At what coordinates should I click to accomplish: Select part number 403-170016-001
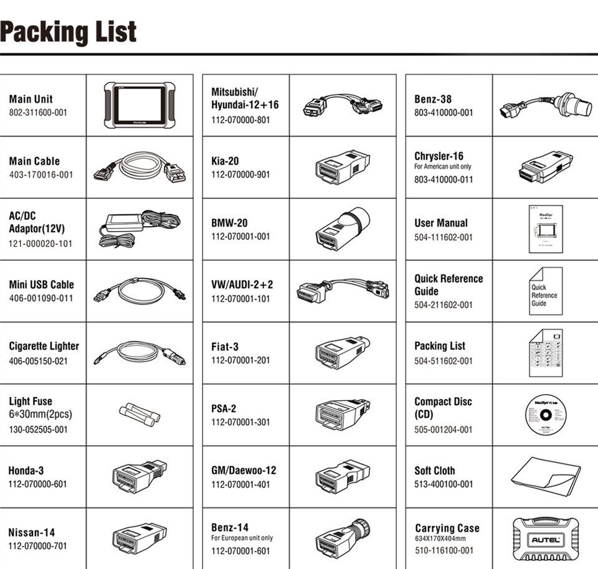tap(41, 175)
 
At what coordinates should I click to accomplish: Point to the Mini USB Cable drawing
tap(139, 290)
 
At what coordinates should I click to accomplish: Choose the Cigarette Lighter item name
tap(44, 346)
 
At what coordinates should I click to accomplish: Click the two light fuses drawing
tap(139, 413)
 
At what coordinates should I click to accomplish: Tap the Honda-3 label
tap(26, 471)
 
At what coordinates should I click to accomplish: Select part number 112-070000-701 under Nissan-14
tap(37, 546)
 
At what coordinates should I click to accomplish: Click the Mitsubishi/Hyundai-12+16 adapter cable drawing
tap(341, 105)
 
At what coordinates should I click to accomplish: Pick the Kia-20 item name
tap(225, 161)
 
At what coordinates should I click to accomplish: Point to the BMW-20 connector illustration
tap(343, 228)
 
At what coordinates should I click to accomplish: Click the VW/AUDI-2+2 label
tap(242, 284)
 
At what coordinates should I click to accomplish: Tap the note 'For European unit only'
tap(242, 538)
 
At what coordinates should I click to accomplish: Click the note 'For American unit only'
tap(443, 167)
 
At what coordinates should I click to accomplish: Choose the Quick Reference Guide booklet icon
tap(545, 291)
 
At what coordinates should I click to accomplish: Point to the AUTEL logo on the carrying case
tap(544, 538)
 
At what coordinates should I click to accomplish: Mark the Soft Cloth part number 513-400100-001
tap(444, 484)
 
